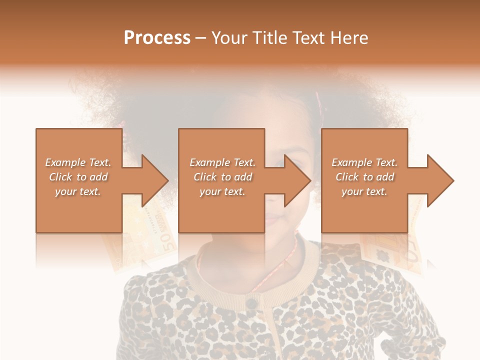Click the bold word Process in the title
coord(157,38)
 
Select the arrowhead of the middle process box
coord(297,180)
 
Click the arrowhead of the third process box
coord(439,180)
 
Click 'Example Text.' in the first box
coord(78,162)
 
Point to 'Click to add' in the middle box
coord(222,177)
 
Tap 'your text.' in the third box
coord(364,191)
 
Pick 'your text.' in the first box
coord(78,191)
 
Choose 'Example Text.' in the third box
coord(364,162)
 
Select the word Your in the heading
coord(228,38)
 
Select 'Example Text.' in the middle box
coord(222,162)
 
